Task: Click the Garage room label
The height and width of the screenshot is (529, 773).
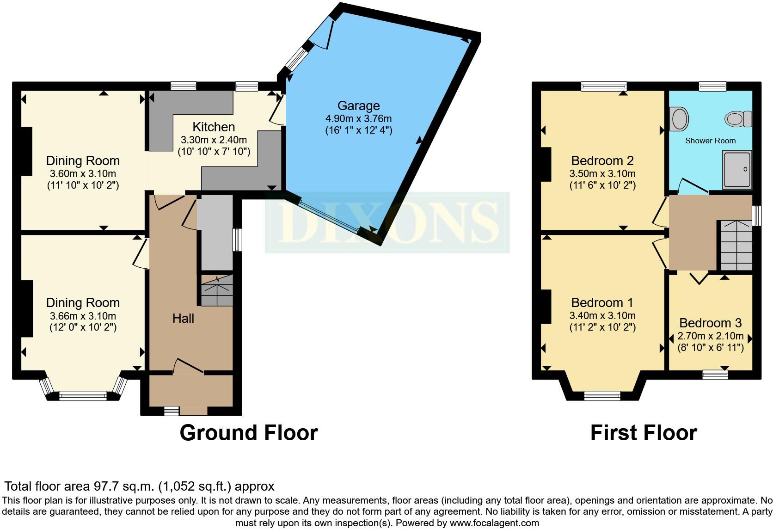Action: (x=359, y=105)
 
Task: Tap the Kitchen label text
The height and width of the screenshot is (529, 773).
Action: (x=214, y=127)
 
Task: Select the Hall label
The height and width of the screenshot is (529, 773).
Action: (x=183, y=319)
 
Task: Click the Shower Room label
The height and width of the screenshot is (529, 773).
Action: (x=710, y=141)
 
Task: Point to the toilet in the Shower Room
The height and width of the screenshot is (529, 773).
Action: (x=738, y=119)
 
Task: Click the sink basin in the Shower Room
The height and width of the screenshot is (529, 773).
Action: (x=679, y=119)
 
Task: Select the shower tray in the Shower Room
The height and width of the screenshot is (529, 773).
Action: (x=737, y=170)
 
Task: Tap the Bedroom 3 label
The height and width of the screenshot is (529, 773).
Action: (x=711, y=323)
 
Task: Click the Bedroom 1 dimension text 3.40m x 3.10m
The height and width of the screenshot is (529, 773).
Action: (x=602, y=315)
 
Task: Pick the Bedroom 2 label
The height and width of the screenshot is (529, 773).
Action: (x=602, y=161)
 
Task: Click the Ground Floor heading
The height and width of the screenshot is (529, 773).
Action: (x=249, y=433)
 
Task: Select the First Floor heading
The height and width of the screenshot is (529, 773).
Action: (x=644, y=433)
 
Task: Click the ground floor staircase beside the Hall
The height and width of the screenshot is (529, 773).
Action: (x=217, y=290)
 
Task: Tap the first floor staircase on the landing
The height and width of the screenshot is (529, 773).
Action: (x=736, y=246)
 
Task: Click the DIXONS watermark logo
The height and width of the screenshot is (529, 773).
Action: (x=387, y=222)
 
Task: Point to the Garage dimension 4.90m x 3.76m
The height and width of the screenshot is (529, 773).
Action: (x=359, y=119)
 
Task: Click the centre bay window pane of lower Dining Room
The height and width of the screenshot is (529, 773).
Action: (x=83, y=395)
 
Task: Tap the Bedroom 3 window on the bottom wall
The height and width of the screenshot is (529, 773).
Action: (x=715, y=375)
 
